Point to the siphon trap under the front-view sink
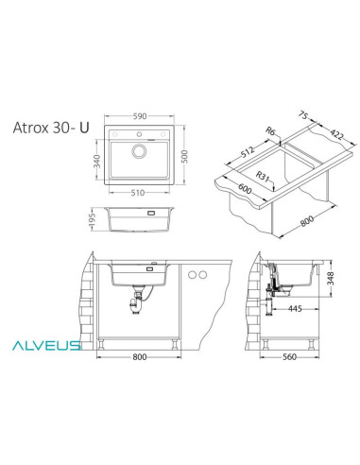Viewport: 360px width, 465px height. click(x=140, y=307)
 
